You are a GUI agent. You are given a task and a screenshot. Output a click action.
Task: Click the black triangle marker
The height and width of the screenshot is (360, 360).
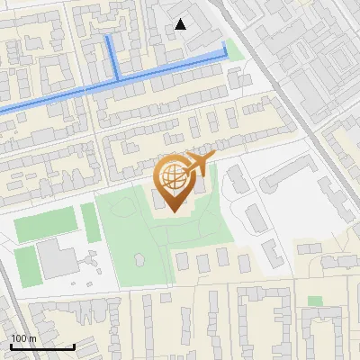click(181, 24)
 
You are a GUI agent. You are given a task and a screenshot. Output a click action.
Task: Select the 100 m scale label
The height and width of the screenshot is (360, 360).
click(22, 338)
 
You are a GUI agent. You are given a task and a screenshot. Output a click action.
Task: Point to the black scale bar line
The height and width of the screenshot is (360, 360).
click(41, 346)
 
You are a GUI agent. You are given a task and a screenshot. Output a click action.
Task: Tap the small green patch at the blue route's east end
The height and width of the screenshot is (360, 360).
click(234, 49)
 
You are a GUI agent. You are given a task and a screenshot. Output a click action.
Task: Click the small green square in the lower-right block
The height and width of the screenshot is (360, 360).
click(314, 301)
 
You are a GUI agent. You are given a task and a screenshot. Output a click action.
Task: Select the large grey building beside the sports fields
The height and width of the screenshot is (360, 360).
click(58, 259)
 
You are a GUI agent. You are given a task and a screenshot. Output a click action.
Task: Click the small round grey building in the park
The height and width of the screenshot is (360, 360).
click(139, 259)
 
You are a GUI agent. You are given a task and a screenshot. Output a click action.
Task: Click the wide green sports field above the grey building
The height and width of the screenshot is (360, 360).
click(45, 226)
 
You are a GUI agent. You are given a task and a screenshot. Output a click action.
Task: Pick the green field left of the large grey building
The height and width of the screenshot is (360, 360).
click(28, 266)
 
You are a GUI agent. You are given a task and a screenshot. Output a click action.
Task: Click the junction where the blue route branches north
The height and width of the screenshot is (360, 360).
click(116, 79)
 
